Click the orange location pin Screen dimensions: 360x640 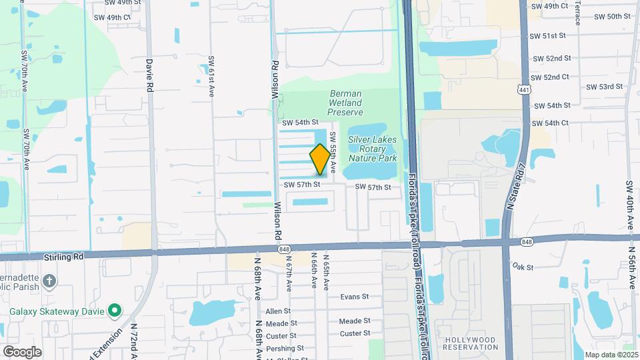320,159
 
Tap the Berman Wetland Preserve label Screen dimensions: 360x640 345,103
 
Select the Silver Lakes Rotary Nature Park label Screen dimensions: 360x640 373,149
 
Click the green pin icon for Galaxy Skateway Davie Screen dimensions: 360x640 115,310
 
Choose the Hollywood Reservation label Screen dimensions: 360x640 470,343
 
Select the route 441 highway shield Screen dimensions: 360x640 524,89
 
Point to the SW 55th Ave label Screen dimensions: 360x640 333,149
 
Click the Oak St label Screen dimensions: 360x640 523,267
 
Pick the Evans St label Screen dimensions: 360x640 354,297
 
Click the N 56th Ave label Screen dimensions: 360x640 631,267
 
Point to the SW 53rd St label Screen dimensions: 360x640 604,87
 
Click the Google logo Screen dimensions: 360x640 22,351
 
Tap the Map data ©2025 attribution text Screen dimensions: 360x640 611,355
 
